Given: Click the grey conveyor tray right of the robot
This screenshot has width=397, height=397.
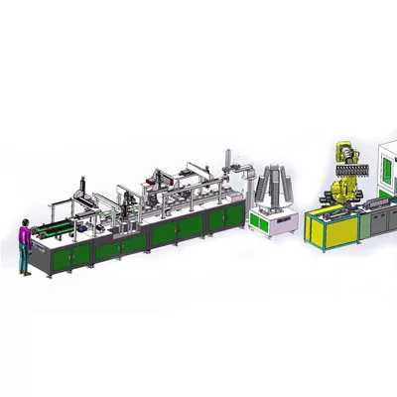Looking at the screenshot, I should click(x=378, y=203).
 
